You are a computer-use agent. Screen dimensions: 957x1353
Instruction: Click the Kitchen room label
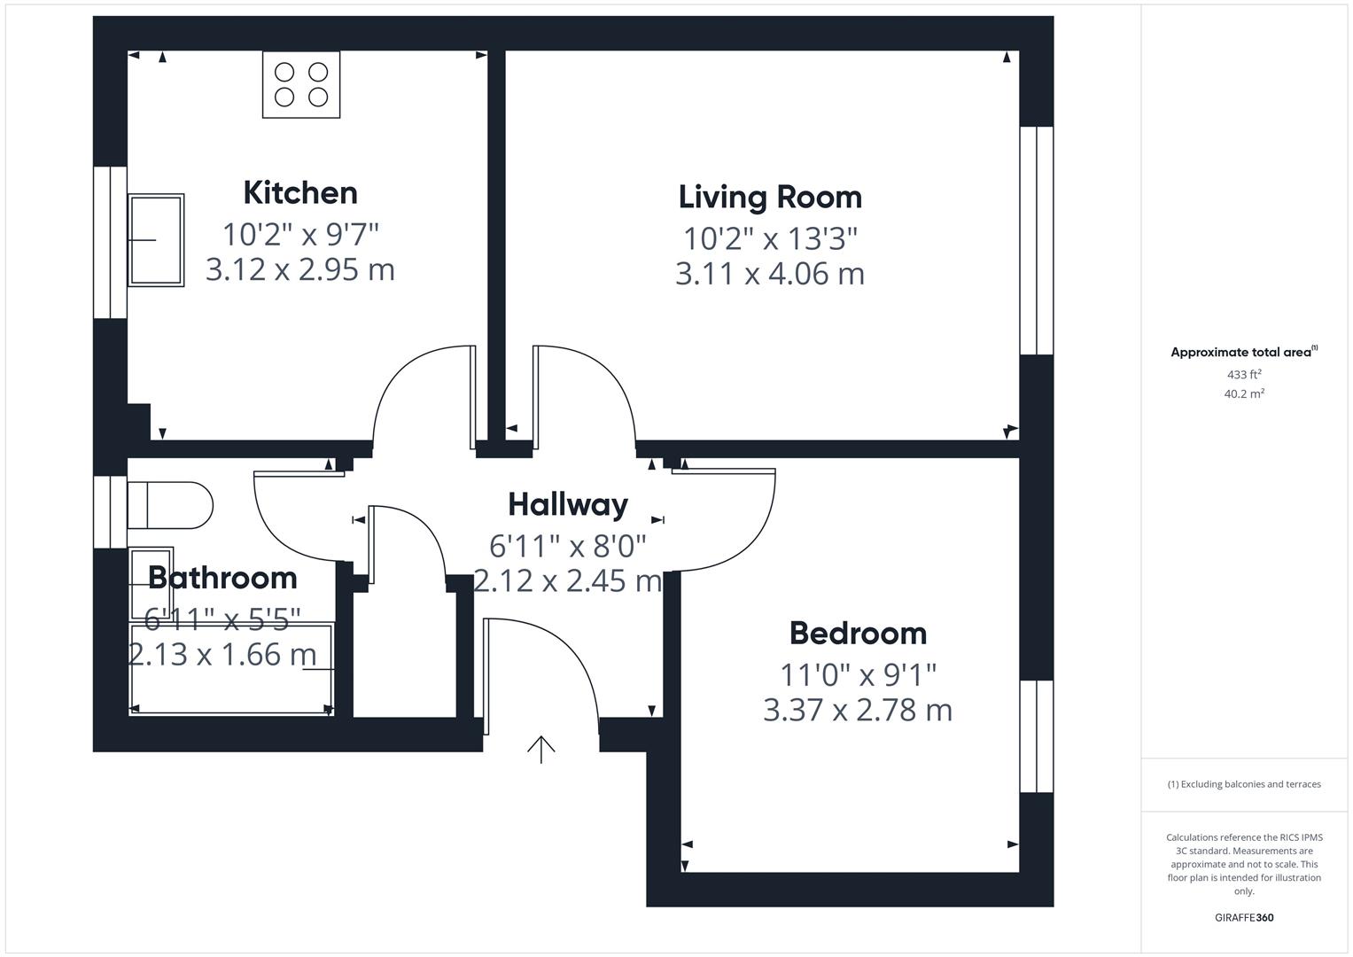click(300, 192)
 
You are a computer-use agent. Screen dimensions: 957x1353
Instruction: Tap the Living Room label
click(770, 197)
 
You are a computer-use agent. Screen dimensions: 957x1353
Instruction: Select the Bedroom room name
click(858, 633)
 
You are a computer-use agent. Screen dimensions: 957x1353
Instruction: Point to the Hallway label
click(568, 504)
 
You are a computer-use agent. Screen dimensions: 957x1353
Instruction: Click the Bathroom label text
click(222, 578)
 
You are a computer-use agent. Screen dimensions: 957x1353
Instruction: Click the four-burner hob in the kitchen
click(301, 84)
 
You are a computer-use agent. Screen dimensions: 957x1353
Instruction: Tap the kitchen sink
click(156, 240)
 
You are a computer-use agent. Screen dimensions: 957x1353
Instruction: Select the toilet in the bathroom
click(171, 505)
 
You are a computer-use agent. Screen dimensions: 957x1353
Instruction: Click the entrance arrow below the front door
click(541, 749)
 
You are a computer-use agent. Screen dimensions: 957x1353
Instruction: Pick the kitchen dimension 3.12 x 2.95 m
click(300, 268)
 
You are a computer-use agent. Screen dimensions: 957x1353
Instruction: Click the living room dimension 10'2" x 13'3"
click(770, 238)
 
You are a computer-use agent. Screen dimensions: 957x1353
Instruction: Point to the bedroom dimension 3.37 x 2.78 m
click(858, 710)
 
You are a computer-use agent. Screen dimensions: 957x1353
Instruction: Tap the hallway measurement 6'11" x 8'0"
click(568, 544)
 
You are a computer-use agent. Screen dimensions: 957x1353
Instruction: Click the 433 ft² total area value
click(1244, 375)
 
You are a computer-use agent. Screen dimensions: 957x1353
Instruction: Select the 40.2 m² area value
click(1244, 394)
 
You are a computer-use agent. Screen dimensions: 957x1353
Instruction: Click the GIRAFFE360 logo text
click(1244, 917)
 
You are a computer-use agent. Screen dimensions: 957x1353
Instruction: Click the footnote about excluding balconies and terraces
click(1244, 784)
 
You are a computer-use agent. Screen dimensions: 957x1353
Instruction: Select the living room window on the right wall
click(1036, 241)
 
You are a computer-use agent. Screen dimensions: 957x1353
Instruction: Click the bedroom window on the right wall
click(1036, 735)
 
